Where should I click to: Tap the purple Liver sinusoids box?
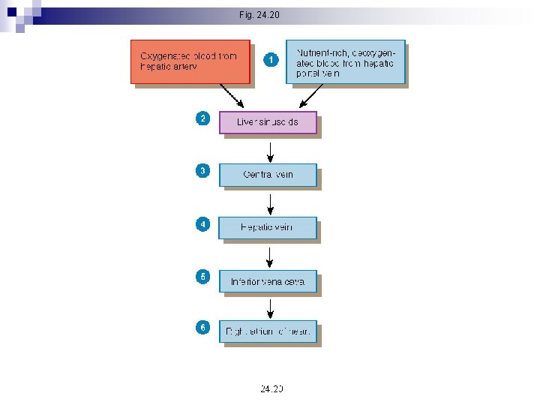coord(268,122)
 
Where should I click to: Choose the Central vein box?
coord(268,175)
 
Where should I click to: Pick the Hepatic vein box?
coord(268,228)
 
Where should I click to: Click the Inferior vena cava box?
coord(268,282)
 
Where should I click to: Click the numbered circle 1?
coord(271,59)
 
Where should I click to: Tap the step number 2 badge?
coord(202,118)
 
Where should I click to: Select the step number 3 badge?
coord(202,171)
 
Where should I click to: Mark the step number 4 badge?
coord(202,224)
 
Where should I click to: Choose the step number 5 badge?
coord(202,277)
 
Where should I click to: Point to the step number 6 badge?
coord(202,328)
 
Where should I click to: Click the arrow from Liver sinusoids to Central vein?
coord(270,150)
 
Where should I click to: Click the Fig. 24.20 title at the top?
coord(259,14)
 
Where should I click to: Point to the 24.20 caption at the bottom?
coord(271,388)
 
